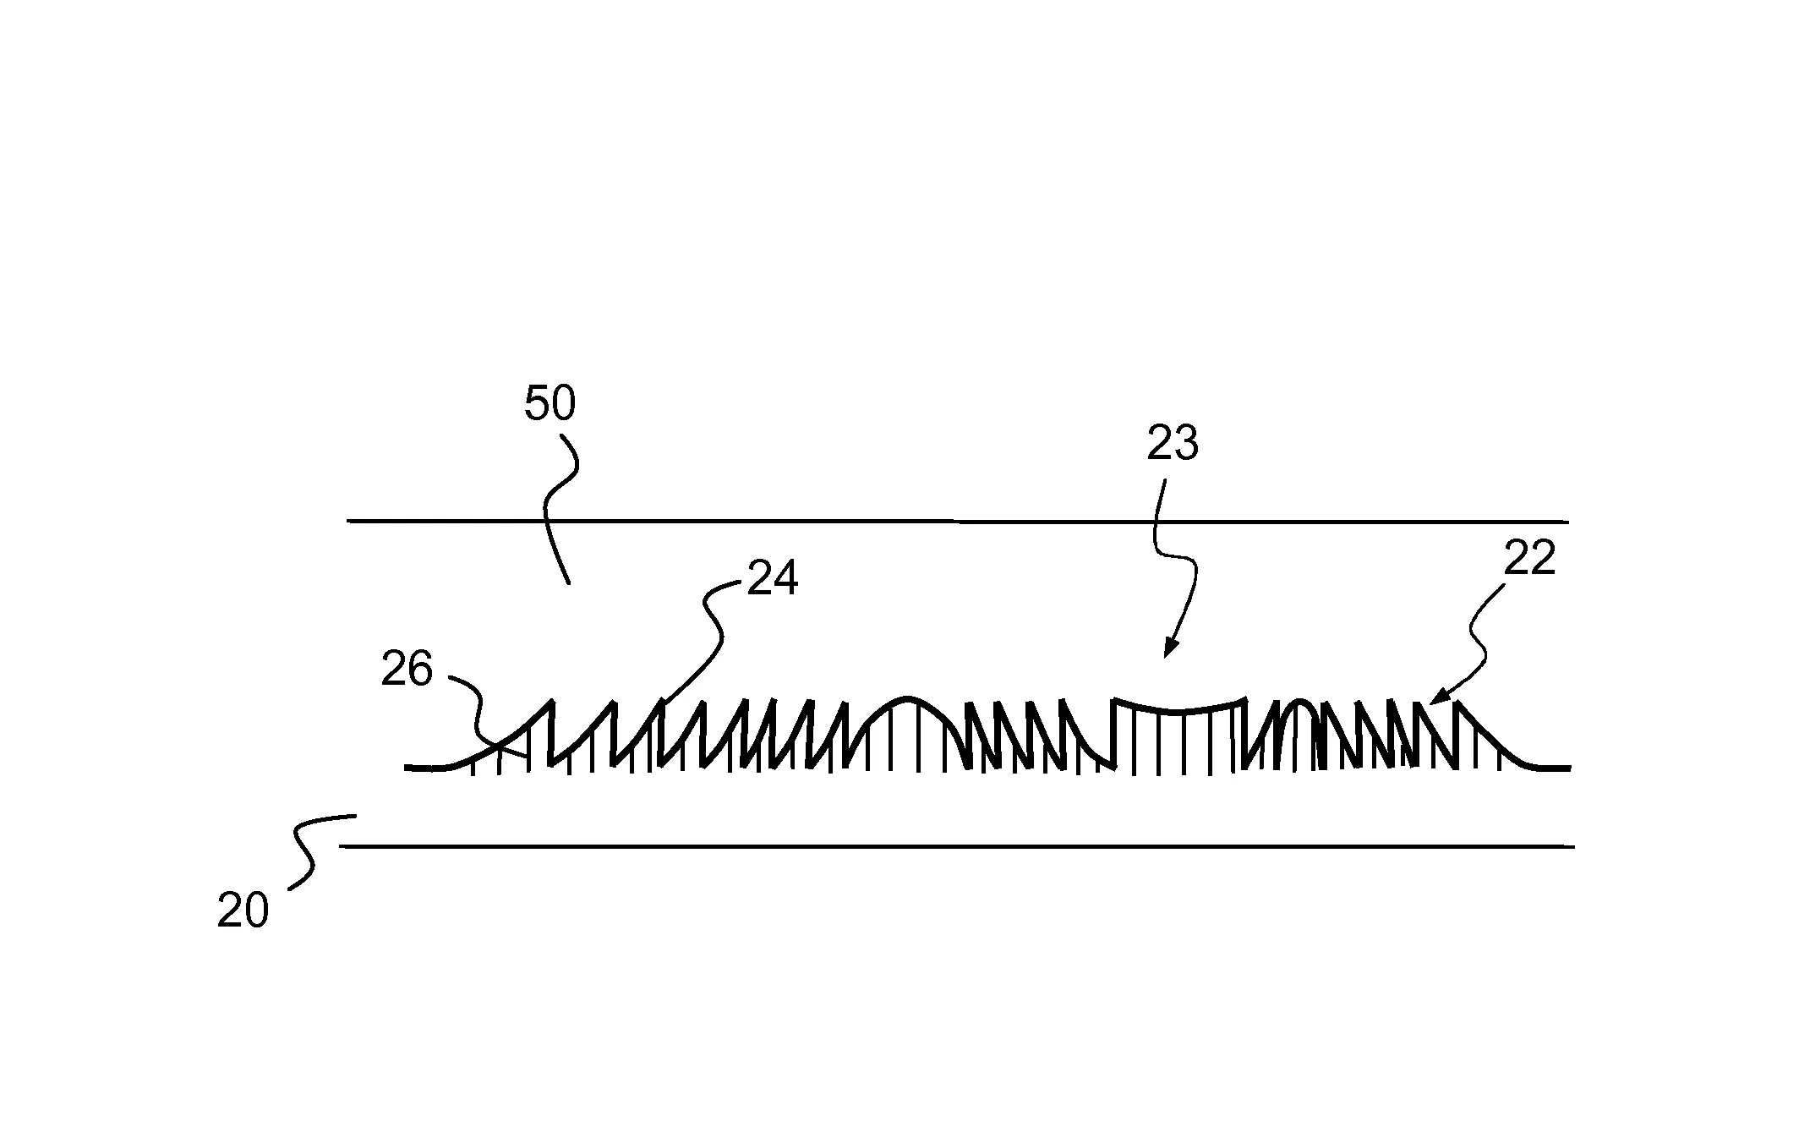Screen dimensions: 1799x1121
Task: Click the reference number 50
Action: point(550,403)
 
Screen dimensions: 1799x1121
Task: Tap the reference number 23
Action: point(1173,443)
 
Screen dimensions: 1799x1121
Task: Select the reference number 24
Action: point(772,580)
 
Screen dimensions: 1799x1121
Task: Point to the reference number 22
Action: point(1529,559)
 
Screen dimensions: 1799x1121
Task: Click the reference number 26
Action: point(407,670)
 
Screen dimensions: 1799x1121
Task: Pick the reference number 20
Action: point(243,911)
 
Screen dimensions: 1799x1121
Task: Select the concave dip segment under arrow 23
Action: point(1180,707)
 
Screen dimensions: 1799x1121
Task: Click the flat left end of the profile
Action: point(427,768)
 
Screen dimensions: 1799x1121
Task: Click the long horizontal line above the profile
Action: point(958,521)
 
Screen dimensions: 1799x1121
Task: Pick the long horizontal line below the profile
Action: point(957,845)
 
